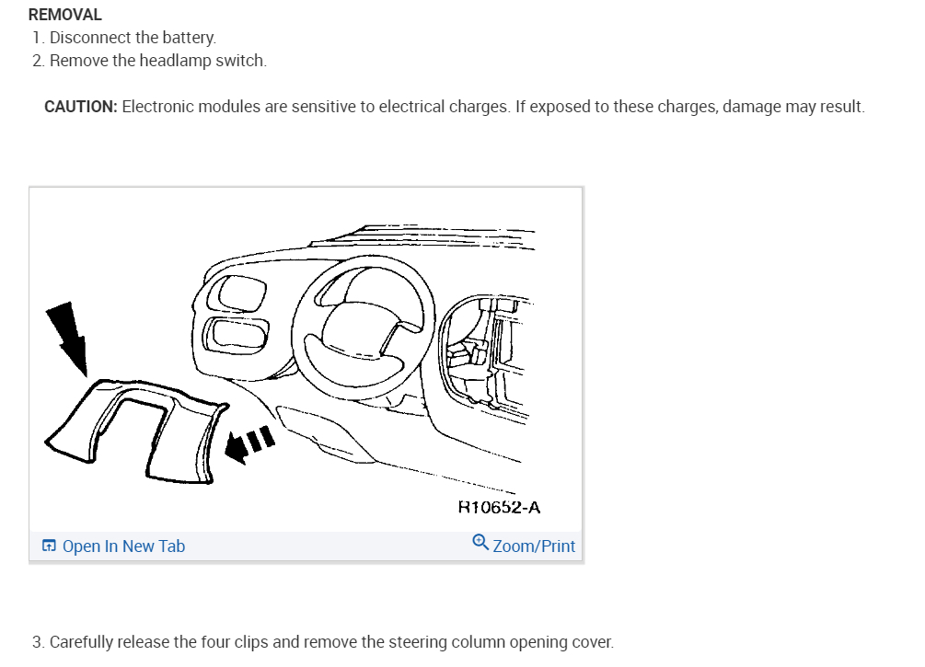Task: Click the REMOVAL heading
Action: click(65, 15)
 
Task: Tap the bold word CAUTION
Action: click(80, 107)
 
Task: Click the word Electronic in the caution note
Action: click(158, 107)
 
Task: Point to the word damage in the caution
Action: click(751, 107)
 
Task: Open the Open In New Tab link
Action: click(123, 546)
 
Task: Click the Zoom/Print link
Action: click(534, 546)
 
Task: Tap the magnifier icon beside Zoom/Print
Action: click(480, 543)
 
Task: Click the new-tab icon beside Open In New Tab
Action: click(49, 546)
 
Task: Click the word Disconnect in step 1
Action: click(87, 38)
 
